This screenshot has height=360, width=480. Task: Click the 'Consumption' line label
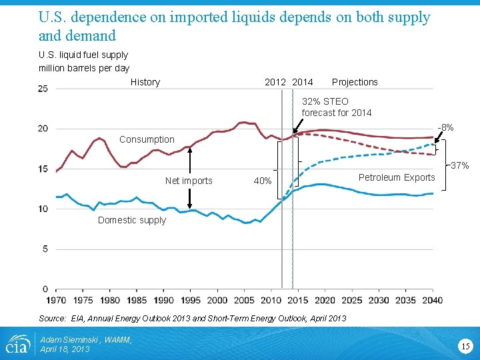(x=147, y=139)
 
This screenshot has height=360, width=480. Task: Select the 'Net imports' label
(x=189, y=181)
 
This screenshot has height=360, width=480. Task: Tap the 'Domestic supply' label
(x=132, y=220)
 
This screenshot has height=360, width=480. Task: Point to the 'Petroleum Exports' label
(x=397, y=177)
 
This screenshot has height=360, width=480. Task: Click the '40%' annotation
(x=263, y=181)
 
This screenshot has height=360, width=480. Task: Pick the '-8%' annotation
(x=445, y=127)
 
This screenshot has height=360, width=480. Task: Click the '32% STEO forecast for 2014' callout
(x=336, y=107)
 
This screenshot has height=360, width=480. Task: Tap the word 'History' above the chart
(x=145, y=82)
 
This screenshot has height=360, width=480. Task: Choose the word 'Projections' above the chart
(x=355, y=82)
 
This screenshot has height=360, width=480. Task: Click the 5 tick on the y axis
(x=45, y=249)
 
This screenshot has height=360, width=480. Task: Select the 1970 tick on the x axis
(x=56, y=301)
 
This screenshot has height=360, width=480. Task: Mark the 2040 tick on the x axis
(x=433, y=301)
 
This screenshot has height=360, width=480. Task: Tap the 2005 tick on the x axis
(x=245, y=301)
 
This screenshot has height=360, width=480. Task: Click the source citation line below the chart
(x=193, y=318)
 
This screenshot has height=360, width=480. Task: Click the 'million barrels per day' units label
(x=84, y=68)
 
